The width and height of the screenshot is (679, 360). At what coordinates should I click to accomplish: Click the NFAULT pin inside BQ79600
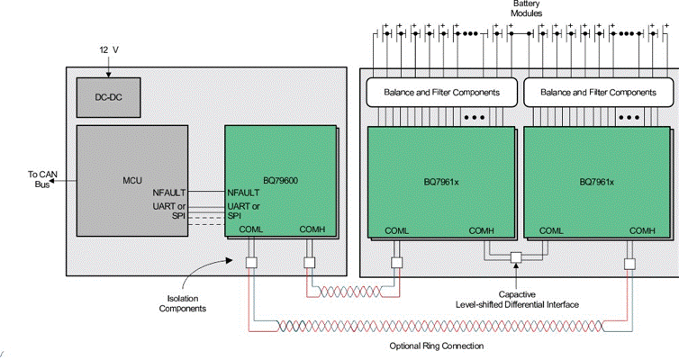click(x=243, y=193)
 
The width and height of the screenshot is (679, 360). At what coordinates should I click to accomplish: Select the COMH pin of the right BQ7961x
click(x=642, y=231)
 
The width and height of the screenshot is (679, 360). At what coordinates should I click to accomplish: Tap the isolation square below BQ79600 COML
click(x=252, y=263)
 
